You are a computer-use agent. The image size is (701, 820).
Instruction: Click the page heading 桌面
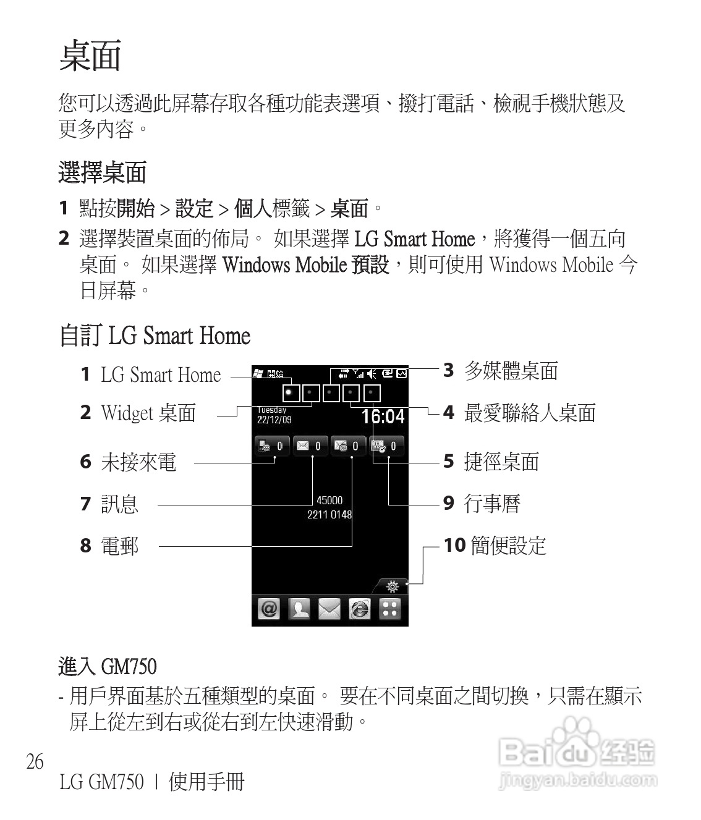pyautogui.click(x=90, y=56)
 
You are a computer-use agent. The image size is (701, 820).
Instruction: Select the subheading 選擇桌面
pyautogui.click(x=102, y=172)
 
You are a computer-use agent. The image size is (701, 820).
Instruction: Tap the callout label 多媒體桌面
pyautogui.click(x=511, y=371)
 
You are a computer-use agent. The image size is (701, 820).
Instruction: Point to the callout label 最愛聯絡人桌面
pyautogui.click(x=530, y=413)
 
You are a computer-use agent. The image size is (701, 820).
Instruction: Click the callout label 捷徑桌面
pyautogui.click(x=501, y=462)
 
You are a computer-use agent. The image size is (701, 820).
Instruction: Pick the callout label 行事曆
pyautogui.click(x=492, y=504)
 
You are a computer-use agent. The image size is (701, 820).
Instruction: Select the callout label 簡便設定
pyautogui.click(x=508, y=546)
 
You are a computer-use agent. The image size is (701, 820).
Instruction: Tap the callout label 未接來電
pyautogui.click(x=138, y=462)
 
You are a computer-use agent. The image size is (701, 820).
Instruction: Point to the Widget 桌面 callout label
pyautogui.click(x=148, y=413)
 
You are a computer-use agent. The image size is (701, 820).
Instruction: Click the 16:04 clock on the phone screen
pyautogui.click(x=383, y=416)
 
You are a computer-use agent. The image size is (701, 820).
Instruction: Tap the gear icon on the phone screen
pyautogui.click(x=392, y=586)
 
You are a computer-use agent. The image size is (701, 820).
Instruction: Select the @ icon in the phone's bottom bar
pyautogui.click(x=269, y=609)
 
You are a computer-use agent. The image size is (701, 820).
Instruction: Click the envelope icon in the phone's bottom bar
pyautogui.click(x=329, y=609)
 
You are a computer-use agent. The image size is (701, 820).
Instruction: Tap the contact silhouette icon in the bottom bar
pyautogui.click(x=299, y=609)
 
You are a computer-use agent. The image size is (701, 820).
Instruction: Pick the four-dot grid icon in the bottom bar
pyautogui.click(x=389, y=609)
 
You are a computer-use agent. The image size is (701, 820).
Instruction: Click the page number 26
pyautogui.click(x=35, y=761)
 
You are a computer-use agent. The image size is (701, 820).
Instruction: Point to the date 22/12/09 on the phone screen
pyautogui.click(x=274, y=420)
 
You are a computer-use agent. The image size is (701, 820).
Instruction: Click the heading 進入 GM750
pyautogui.click(x=108, y=667)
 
